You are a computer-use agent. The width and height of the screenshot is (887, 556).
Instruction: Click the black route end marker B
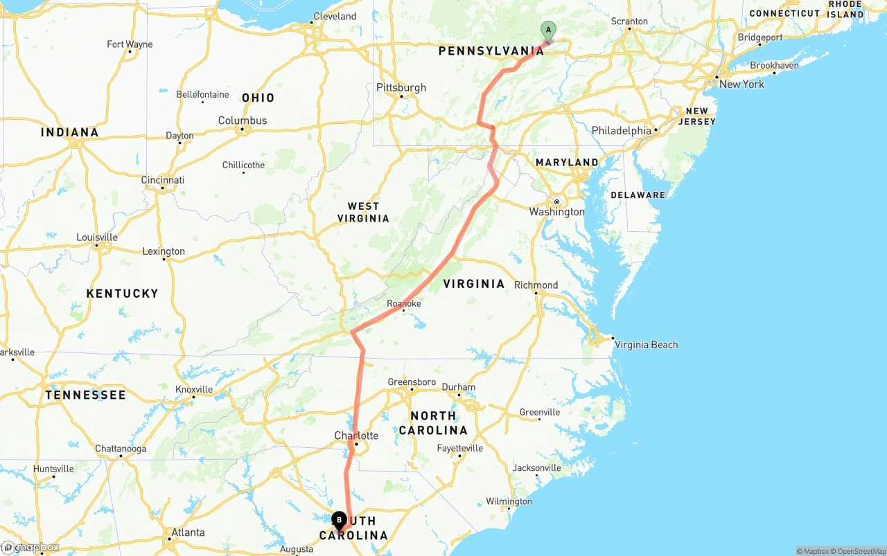pos(339,519)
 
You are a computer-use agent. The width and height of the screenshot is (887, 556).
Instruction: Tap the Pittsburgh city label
pos(401,88)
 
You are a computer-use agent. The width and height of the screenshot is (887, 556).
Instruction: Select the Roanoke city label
pos(404,304)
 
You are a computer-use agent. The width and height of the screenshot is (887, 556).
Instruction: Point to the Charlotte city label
pos(356,436)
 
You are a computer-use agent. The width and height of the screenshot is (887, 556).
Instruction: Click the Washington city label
pos(556,212)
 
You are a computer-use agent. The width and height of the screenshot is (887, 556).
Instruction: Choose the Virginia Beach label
pos(646,345)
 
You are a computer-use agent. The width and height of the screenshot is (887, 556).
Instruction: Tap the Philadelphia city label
pos(622,131)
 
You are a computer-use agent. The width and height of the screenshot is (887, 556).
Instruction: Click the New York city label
pos(741,84)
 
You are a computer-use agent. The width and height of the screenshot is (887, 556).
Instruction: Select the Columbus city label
pos(243,120)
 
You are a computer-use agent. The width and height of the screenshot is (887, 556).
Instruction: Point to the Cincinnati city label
pos(163,180)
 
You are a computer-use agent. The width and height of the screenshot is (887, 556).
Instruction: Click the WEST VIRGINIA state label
pos(363,212)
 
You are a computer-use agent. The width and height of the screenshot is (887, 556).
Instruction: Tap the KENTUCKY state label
pos(123,294)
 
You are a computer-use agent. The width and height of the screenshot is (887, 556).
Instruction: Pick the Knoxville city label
pos(194,390)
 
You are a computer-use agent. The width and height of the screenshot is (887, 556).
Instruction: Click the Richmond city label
pos(536,285)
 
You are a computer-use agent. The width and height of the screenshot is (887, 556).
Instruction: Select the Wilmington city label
pos(509,501)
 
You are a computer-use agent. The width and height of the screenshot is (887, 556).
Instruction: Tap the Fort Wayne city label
pos(130,44)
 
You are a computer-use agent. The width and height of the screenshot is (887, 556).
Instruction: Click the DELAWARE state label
pos(638,195)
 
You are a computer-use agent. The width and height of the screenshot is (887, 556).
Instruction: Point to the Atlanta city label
pos(188,532)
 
